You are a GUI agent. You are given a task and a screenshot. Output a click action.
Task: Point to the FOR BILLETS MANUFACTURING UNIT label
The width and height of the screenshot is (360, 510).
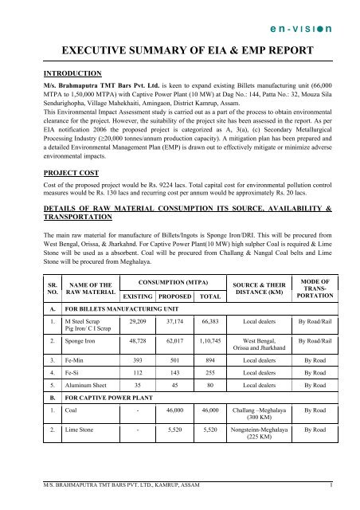125,304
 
